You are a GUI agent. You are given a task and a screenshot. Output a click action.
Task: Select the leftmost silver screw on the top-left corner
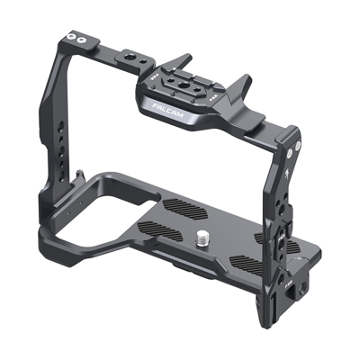[x=69, y=37]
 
